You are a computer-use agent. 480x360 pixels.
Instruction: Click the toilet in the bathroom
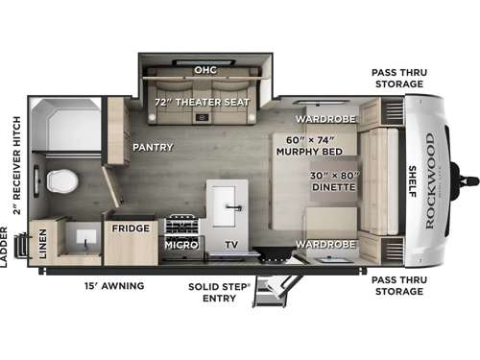pyautogui.click(x=60, y=180)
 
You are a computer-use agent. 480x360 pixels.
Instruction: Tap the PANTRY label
pyautogui.click(x=152, y=147)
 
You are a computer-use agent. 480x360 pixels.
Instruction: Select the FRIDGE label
pyautogui.click(x=130, y=228)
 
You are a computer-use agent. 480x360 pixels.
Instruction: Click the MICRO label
pyautogui.click(x=180, y=244)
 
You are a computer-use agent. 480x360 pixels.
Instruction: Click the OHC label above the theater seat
pyautogui.click(x=204, y=69)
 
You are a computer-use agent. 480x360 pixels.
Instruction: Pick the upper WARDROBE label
pyautogui.click(x=325, y=119)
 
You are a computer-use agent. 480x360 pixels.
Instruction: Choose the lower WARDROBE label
pyautogui.click(x=325, y=244)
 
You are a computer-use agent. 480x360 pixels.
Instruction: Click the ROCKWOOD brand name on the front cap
pyautogui.click(x=429, y=180)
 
